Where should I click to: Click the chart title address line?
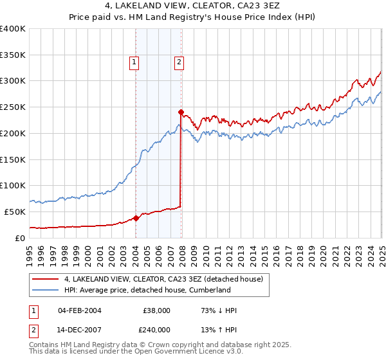[193, 6]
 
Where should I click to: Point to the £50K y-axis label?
[15, 212]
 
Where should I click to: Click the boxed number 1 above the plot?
[134, 62]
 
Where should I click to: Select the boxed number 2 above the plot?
[178, 62]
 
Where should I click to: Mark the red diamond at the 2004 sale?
[136, 218]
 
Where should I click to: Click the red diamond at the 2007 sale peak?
[181, 112]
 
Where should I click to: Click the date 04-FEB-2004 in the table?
[79, 310]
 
